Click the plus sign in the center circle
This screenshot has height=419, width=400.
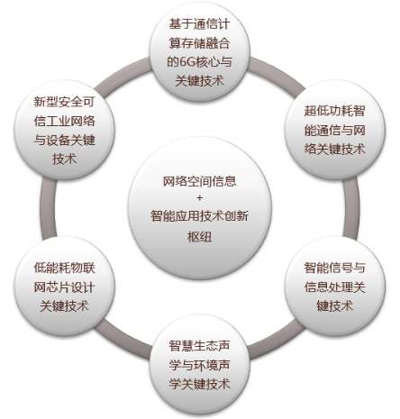pyautogui.click(x=200, y=197)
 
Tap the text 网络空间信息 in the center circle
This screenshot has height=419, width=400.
pyautogui.click(x=200, y=181)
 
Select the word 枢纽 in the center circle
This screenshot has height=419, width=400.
pyautogui.click(x=200, y=237)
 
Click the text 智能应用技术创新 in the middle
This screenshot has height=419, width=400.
pyautogui.click(x=200, y=215)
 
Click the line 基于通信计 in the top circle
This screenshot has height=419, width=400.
pyautogui.click(x=200, y=24)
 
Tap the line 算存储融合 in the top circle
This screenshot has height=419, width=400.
pyautogui.click(x=200, y=43)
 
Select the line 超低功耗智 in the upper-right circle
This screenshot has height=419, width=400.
pyautogui.click(x=335, y=111)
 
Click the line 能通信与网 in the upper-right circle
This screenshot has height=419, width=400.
pyautogui.click(x=335, y=130)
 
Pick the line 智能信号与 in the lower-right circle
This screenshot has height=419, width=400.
pyautogui.click(x=335, y=268)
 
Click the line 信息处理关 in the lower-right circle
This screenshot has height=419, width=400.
pyautogui.click(x=335, y=287)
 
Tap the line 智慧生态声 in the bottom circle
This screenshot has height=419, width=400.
pyautogui.click(x=200, y=346)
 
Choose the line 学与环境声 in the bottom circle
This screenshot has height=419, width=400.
pyautogui.click(x=200, y=365)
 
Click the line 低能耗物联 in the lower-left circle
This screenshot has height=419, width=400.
pyautogui.click(x=65, y=268)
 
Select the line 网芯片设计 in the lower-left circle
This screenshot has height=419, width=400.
pyautogui.click(x=65, y=287)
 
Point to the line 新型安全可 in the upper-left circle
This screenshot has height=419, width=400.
pyautogui.click(x=65, y=102)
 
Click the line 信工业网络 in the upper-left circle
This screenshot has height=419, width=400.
pyautogui.click(x=65, y=121)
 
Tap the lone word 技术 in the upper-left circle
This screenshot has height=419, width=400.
pyautogui.click(x=65, y=159)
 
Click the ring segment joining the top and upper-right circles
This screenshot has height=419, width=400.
pyautogui.click(x=277, y=72)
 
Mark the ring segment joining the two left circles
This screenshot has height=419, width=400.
pyautogui.click(x=48, y=208)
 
